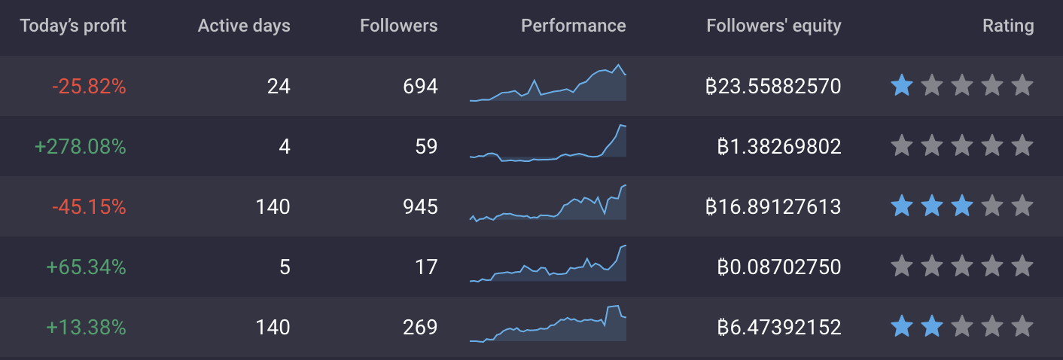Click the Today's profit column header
(73, 26)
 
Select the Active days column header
(244, 26)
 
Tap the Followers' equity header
(773, 26)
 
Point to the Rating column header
(1008, 26)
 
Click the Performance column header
(573, 26)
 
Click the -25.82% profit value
(89, 87)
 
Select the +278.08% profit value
(81, 147)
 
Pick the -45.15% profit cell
(89, 206)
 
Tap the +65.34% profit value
(86, 267)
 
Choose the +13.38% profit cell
(86, 328)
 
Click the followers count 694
(420, 87)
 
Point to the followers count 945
(420, 206)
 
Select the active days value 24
(279, 87)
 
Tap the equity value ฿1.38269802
(779, 147)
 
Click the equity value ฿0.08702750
(779, 267)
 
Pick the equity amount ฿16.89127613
(773, 206)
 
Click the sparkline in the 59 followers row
(547, 143)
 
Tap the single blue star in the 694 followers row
(901, 86)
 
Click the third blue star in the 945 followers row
(961, 206)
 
